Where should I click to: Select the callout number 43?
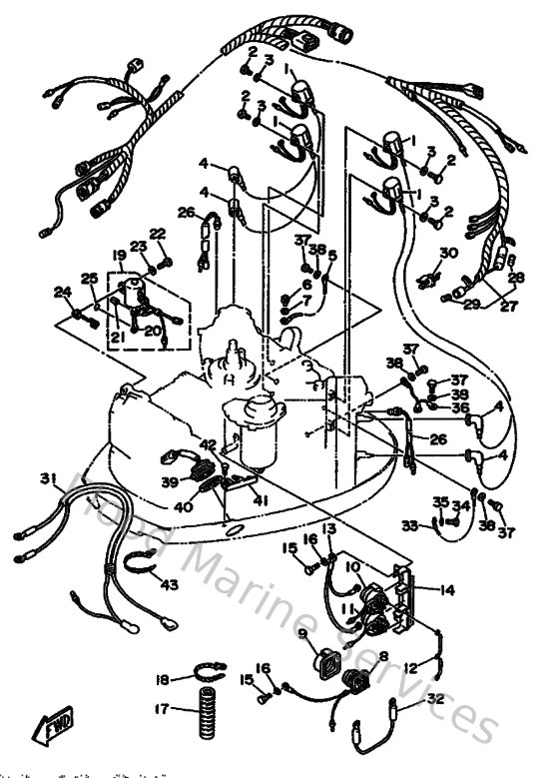(170, 584)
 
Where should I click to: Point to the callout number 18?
(162, 680)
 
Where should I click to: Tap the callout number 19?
(120, 256)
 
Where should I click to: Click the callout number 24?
(62, 292)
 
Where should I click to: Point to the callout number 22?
(158, 234)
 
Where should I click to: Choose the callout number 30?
(448, 253)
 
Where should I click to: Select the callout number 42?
(207, 444)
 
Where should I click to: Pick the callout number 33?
(408, 525)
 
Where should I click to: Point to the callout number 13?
(328, 527)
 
